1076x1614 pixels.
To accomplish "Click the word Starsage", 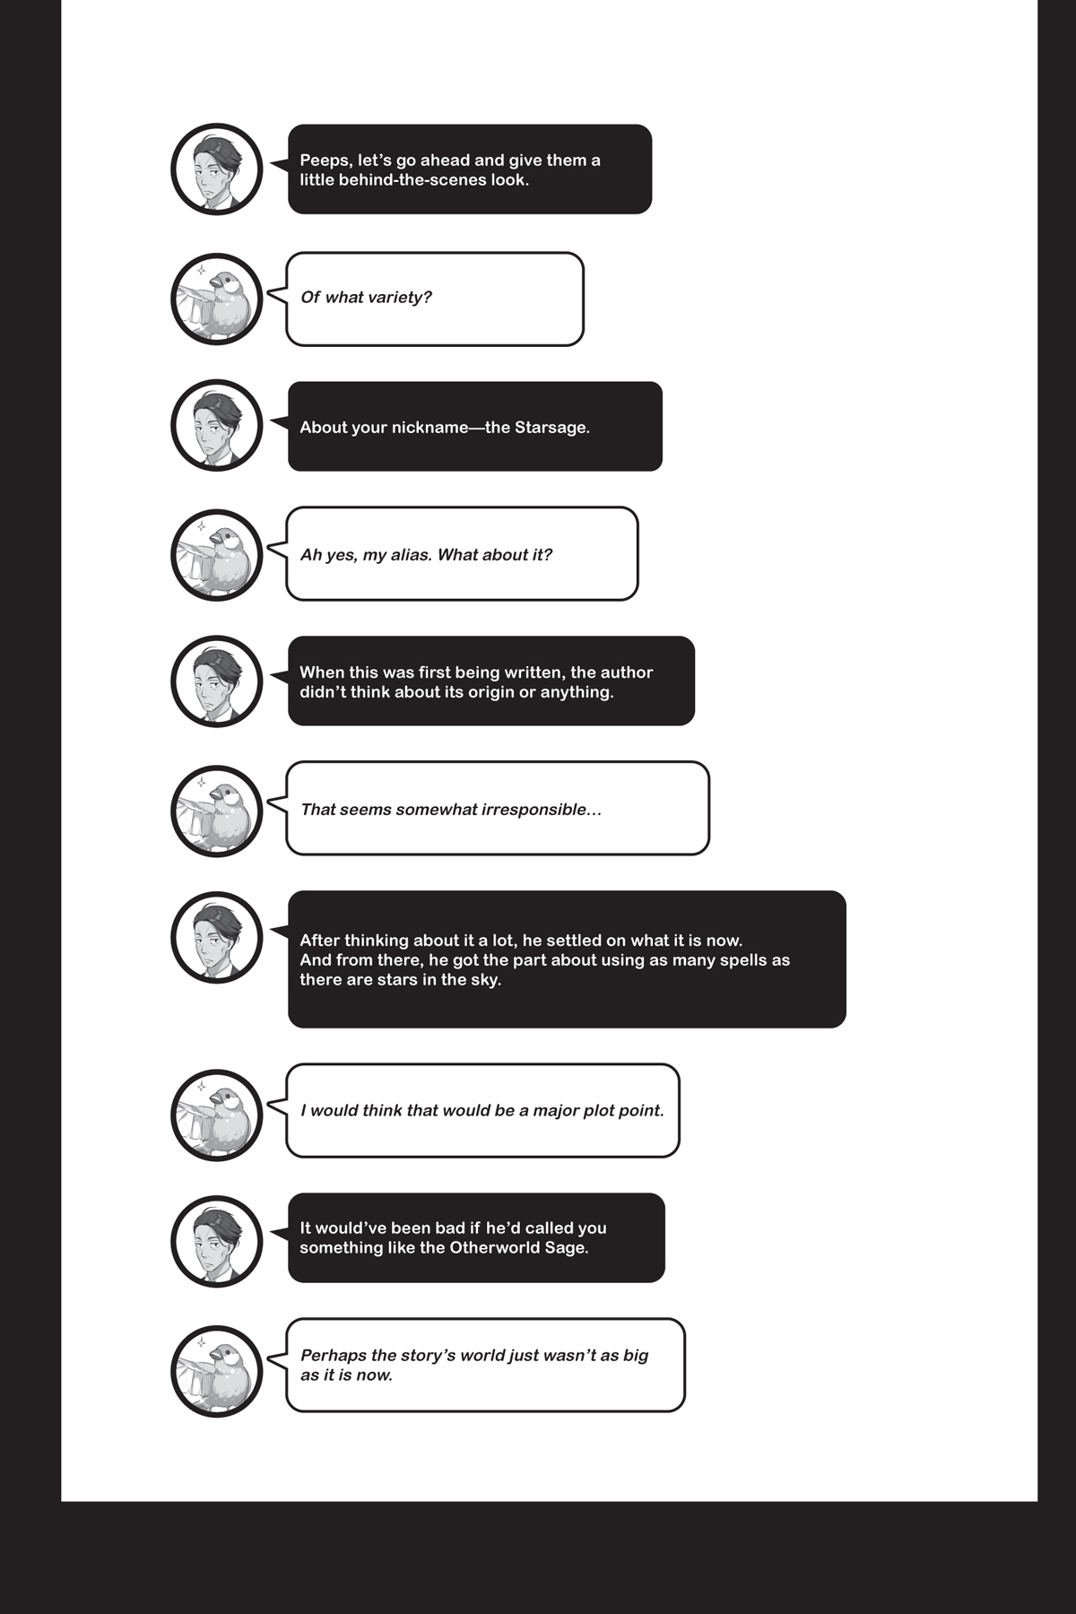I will click(551, 428).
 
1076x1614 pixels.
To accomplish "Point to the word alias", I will click(409, 555).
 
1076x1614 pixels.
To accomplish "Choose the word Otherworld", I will click(494, 1248).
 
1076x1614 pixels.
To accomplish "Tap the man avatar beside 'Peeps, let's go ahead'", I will click(216, 169).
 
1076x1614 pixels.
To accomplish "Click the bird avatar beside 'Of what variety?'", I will click(216, 299).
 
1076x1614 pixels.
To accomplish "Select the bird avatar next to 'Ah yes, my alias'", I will click(216, 555).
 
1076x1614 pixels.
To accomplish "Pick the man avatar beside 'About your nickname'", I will click(216, 425).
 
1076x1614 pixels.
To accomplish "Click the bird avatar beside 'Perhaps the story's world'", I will click(216, 1371).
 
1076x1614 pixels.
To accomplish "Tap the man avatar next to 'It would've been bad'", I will click(216, 1241).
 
